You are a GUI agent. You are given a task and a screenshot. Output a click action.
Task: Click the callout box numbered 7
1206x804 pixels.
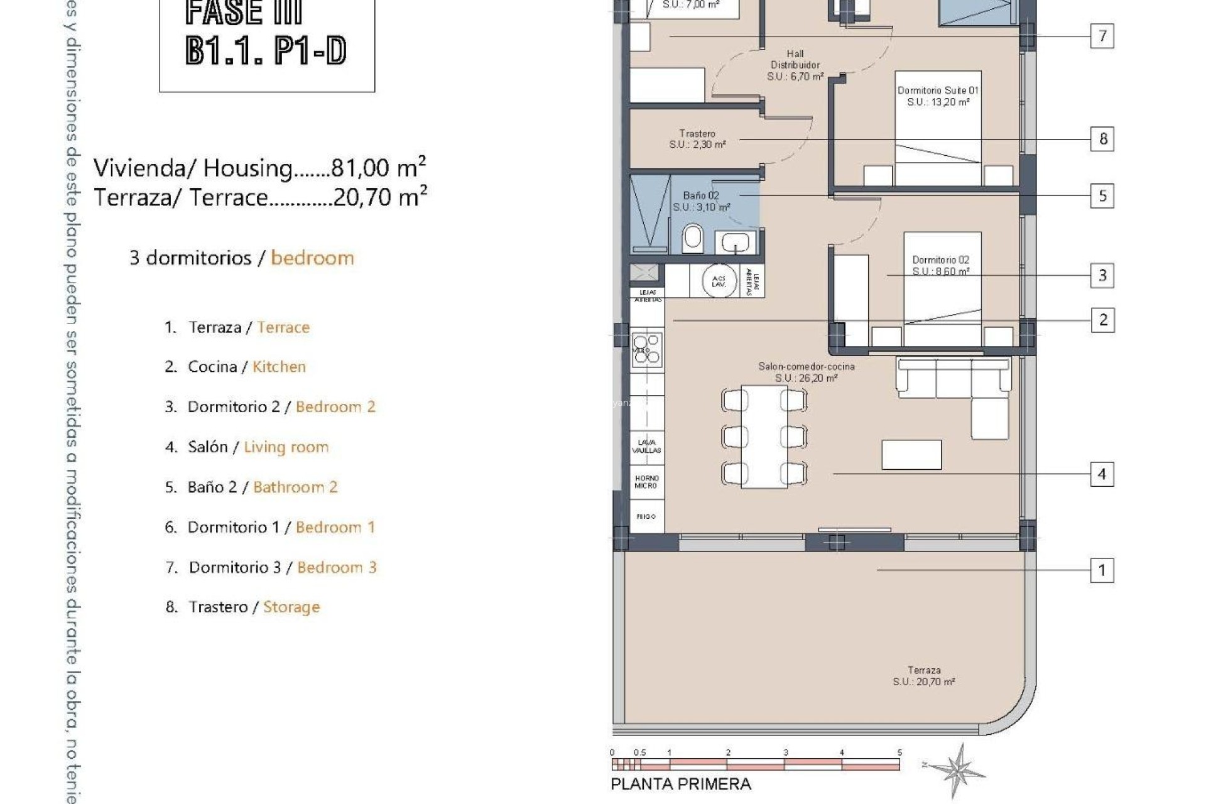tap(1102, 36)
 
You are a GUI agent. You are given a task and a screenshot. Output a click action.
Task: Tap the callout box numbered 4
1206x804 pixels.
tap(1102, 474)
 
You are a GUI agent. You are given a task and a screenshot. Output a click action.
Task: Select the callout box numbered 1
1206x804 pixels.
tap(1102, 570)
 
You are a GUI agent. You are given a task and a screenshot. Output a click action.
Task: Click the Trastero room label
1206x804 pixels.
tap(697, 139)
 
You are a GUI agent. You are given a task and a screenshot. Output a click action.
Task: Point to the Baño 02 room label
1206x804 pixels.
tap(701, 201)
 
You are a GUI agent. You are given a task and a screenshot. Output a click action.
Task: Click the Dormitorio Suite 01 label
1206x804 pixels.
tap(938, 96)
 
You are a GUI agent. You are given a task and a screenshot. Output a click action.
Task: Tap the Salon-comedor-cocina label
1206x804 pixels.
tap(806, 372)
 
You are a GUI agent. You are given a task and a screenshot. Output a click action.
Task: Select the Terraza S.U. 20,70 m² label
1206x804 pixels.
tap(924, 676)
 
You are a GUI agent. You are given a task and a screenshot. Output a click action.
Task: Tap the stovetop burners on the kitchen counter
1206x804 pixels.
tap(647, 350)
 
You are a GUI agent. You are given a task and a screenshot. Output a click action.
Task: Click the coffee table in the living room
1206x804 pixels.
tap(911, 454)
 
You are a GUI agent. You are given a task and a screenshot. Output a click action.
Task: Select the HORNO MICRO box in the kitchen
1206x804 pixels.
tap(646, 482)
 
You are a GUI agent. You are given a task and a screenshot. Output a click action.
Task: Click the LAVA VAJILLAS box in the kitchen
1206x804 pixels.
tap(646, 446)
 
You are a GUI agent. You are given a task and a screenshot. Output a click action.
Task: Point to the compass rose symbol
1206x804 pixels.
tap(957, 769)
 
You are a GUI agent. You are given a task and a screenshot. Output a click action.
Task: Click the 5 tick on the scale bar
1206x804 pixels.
tap(899, 752)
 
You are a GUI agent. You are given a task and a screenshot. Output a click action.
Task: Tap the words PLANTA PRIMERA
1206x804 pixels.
tap(681, 784)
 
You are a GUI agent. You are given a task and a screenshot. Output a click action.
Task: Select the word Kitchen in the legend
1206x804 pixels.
tap(279, 367)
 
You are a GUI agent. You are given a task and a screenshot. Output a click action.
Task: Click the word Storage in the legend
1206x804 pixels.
tap(291, 607)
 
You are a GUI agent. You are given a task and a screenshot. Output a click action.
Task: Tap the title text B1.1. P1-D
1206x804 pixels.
tap(266, 51)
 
